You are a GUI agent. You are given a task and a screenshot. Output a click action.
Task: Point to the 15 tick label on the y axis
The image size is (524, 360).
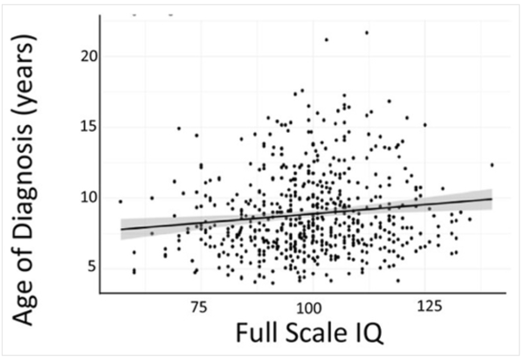pyautogui.click(x=83, y=126)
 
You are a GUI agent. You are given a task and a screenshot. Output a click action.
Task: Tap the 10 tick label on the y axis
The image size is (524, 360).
pyautogui.click(x=83, y=197)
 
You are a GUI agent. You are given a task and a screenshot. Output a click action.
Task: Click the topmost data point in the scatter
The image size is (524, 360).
pyautogui.click(x=367, y=32)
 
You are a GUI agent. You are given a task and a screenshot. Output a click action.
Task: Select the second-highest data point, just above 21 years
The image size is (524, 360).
pyautogui.click(x=327, y=39)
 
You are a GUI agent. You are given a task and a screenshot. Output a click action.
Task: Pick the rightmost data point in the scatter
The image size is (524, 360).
pyautogui.click(x=493, y=164)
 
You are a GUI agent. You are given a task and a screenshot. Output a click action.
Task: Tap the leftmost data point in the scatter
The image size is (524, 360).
pyautogui.click(x=121, y=201)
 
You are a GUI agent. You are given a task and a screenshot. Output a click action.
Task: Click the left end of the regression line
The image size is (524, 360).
pyautogui.click(x=121, y=229)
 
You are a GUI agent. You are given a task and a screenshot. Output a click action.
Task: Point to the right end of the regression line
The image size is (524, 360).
pyautogui.click(x=493, y=198)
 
